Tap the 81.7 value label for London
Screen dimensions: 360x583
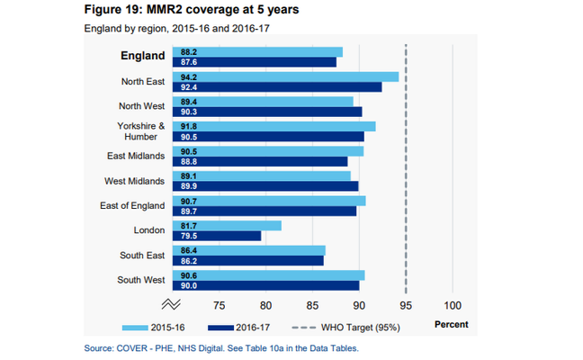[189, 225]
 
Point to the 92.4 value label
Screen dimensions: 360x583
[189, 87]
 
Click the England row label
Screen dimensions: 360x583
[143, 56]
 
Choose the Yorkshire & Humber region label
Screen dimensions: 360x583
[141, 131]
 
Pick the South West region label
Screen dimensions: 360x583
[141, 280]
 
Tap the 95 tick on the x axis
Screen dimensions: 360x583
[406, 303]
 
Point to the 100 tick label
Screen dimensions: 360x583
[452, 303]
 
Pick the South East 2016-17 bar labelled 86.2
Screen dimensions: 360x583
[252, 261]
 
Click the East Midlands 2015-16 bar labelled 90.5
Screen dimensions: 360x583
[270, 151]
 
